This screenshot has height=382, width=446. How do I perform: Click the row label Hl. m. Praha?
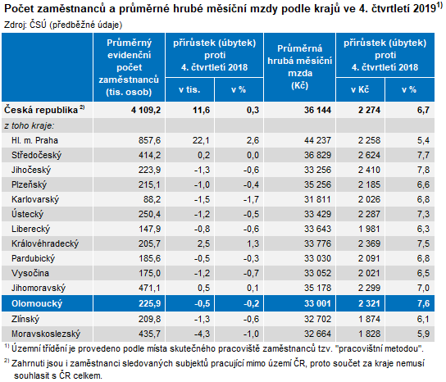tap(34, 140)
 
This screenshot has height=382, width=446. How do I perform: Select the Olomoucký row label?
tap(37, 303)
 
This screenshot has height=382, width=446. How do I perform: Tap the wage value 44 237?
tap(317, 140)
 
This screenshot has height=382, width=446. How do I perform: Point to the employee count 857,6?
tap(149, 140)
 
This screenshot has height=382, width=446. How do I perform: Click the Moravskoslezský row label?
tap(46, 334)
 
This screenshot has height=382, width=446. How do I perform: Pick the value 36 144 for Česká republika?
tap(317, 110)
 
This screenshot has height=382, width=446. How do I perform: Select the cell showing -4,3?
tap(202, 334)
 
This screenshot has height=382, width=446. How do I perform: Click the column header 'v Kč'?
tap(360, 89)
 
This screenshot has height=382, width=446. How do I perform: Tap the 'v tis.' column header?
tap(189, 89)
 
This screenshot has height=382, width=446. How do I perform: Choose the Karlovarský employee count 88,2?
tap(152, 199)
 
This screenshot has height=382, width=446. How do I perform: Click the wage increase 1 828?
tap(369, 334)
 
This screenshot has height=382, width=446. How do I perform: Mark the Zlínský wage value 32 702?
tap(317, 319)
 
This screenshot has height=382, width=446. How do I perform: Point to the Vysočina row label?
tap(30, 273)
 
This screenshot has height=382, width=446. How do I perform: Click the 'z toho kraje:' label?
tap(30, 125)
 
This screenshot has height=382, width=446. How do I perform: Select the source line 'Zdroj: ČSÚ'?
tap(25, 25)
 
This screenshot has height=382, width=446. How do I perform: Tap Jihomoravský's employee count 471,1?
tap(149, 288)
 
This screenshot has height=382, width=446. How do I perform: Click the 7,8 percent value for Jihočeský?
tap(423, 170)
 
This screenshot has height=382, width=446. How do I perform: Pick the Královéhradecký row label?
tap(45, 243)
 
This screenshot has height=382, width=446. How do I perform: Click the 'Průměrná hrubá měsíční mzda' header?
tap(300, 67)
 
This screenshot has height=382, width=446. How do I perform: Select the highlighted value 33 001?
tap(317, 303)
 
